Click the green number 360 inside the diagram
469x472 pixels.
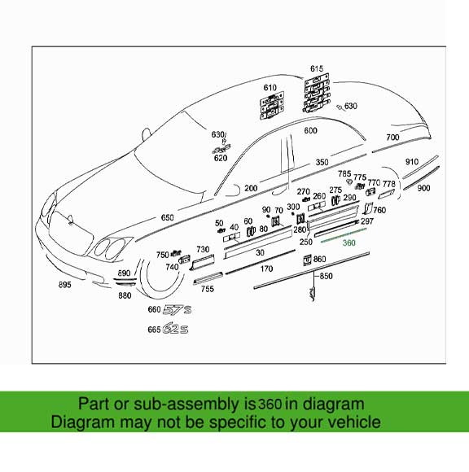click(349, 243)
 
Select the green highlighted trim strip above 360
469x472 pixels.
click(347, 234)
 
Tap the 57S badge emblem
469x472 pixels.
click(176, 310)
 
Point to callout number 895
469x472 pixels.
click(64, 285)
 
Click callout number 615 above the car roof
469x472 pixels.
click(317, 68)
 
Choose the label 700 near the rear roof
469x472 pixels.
click(392, 138)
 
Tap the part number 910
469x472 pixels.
click(412, 162)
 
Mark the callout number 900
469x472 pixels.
click(423, 188)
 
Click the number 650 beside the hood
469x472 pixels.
click(167, 218)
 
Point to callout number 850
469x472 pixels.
click(326, 277)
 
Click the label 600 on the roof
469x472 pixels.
click(310, 130)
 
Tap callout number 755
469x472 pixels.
click(208, 289)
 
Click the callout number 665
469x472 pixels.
click(154, 330)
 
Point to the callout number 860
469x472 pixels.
click(319, 259)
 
